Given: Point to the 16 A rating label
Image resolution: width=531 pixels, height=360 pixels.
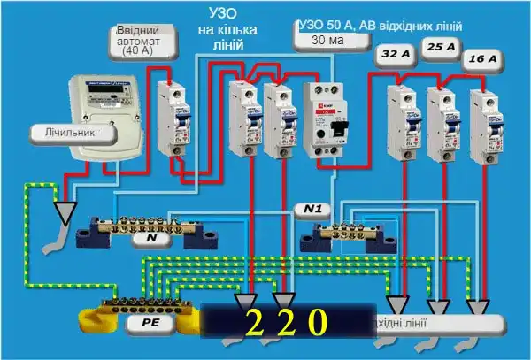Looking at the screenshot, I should [x=482, y=59].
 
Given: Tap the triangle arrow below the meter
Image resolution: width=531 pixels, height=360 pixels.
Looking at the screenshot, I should [x=64, y=211].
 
